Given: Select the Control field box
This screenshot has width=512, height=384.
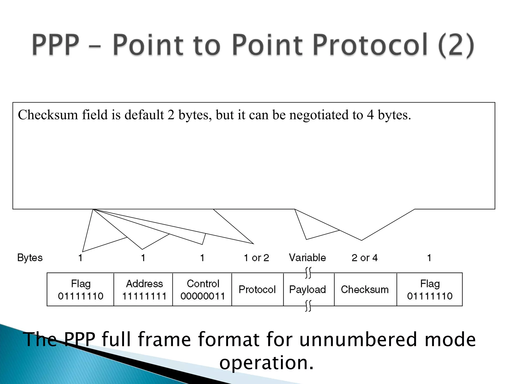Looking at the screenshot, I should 202,289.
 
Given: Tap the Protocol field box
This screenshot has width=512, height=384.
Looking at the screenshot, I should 257,289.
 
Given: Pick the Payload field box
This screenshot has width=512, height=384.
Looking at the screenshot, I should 308,289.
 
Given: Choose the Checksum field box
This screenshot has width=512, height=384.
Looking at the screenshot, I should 365,289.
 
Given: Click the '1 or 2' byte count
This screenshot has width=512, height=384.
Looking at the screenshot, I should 256,258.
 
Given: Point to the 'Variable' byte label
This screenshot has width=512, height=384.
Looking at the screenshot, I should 307,258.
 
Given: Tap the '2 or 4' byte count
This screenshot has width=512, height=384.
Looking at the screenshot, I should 364,258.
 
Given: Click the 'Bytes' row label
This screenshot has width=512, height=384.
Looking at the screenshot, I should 30,258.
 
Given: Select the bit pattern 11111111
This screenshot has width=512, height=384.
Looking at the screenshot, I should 144,296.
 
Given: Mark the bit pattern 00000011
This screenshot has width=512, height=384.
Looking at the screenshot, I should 203,296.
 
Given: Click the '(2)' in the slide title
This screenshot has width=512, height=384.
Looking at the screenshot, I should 456,45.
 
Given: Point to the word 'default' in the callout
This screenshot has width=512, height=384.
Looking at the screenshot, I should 144,115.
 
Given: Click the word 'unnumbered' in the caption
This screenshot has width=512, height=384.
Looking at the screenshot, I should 358,339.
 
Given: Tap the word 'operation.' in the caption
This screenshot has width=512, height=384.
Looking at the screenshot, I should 266,362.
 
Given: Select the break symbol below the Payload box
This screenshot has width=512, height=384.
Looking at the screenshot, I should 308,306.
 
